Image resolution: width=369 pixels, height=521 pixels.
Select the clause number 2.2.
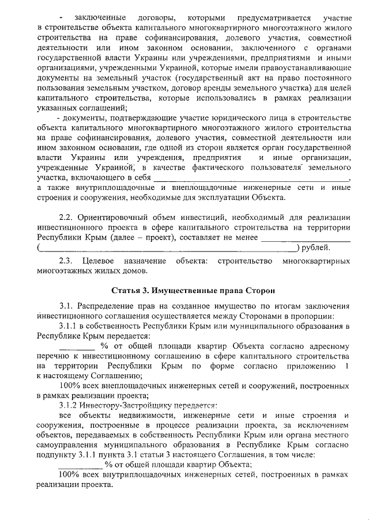click(68, 218)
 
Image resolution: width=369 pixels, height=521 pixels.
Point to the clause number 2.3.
click(68, 261)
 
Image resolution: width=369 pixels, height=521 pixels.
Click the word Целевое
click(101, 261)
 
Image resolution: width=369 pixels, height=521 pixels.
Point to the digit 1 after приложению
click(346, 366)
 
